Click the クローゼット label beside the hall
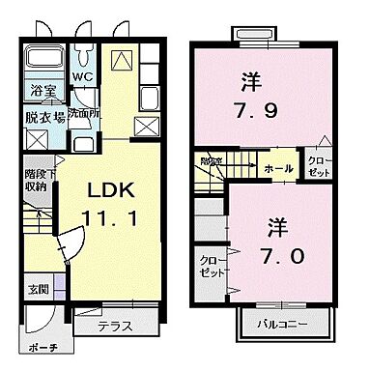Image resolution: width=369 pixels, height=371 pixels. (x=317, y=164)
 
